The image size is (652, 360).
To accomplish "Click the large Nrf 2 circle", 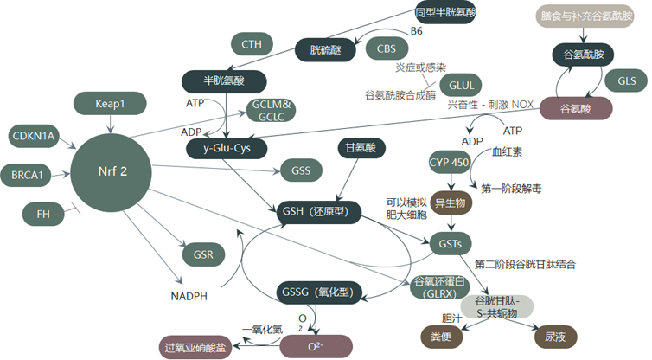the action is click(111, 172).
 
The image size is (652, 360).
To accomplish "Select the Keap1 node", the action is click(110, 103).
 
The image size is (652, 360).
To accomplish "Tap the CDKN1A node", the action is click(34, 136).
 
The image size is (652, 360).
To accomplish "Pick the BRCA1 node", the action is click(27, 175).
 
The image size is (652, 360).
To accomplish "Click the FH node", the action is click(43, 214).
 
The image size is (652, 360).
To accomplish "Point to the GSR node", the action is click(203, 254).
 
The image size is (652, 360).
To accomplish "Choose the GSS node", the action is click(301, 170).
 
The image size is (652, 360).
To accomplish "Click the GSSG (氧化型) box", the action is click(319, 292).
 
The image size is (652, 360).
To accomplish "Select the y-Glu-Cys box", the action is click(227, 148).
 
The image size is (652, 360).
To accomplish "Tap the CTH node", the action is click(252, 44).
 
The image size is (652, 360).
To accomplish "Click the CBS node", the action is click(387, 48).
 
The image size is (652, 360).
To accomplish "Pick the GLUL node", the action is click(461, 85).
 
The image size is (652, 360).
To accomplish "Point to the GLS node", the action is click(626, 80).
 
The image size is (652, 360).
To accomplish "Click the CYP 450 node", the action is click(449, 163).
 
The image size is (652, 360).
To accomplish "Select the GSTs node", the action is click(450, 243).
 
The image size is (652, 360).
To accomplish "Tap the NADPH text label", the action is click(189, 296).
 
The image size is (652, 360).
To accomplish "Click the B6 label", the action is click(416, 31).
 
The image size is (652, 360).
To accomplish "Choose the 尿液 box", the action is click(555, 337).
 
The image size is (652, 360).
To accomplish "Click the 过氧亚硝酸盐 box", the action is click(195, 347).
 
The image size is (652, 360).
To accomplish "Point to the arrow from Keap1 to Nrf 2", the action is click(110, 124).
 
